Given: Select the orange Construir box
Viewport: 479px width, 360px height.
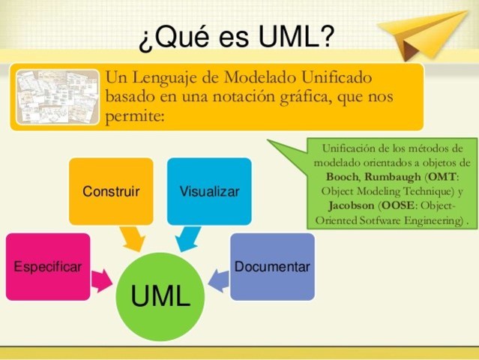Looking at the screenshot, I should click(x=111, y=191).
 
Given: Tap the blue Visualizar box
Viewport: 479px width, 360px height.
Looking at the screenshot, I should click(x=209, y=191).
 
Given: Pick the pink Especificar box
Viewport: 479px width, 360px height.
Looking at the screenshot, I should click(x=47, y=267).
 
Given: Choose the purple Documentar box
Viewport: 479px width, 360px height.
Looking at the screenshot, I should click(x=272, y=267).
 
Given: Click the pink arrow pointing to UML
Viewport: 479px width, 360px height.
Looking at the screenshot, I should click(x=101, y=281).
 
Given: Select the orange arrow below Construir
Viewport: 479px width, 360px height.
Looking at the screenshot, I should click(x=134, y=239).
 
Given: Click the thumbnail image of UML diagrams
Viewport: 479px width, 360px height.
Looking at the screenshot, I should click(x=58, y=97).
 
